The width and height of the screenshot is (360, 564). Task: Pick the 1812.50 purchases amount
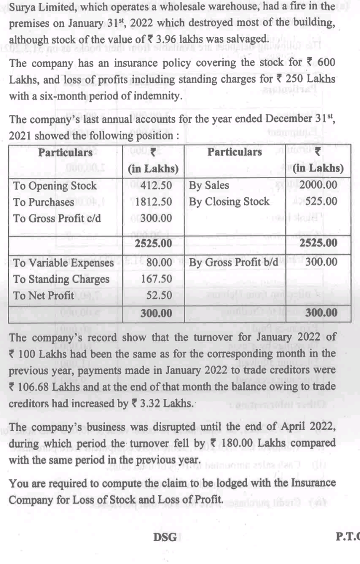154,202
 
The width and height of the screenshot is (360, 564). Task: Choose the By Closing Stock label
229,202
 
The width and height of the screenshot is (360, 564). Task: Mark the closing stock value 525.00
323,202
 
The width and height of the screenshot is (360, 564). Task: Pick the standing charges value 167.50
157,279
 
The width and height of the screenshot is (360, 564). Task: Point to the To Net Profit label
44,295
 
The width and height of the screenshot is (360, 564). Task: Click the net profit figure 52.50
160,295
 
